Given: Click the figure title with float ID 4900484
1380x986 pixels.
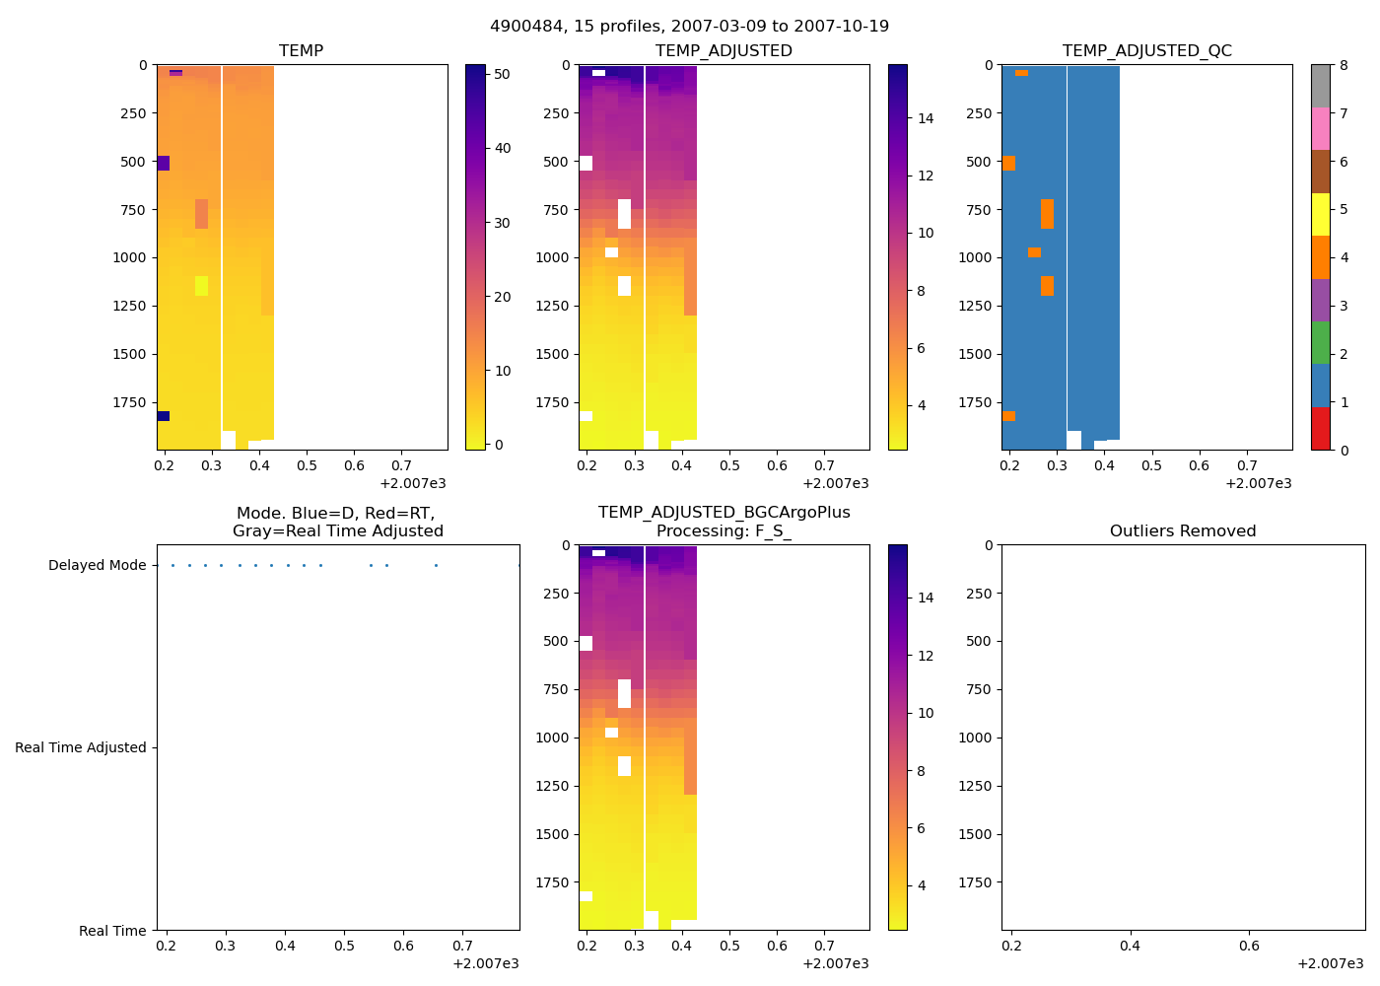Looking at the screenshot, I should [689, 27].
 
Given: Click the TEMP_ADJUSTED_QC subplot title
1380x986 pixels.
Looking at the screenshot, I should [1146, 51].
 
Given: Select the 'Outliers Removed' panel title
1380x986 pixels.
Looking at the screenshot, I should [1183, 531].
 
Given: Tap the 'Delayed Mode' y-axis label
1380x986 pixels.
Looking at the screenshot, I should [97, 566].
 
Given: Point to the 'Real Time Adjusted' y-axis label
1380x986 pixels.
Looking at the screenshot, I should [81, 748].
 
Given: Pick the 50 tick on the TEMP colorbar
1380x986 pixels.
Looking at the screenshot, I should [502, 74].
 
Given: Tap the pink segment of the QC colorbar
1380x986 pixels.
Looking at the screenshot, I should [1320, 128].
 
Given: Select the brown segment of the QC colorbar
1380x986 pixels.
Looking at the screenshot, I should [1320, 172].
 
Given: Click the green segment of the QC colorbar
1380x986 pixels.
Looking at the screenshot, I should [1320, 342].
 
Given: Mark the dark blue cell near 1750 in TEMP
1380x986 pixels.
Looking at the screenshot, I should [164, 416].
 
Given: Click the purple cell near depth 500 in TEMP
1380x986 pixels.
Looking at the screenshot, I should [164, 163].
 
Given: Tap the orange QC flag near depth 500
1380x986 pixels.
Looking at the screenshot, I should [1008, 163].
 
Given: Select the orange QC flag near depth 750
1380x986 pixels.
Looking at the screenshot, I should [1047, 214].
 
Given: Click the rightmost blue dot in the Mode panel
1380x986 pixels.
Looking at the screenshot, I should [518, 566].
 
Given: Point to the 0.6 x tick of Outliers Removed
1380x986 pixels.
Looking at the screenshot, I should [1249, 947].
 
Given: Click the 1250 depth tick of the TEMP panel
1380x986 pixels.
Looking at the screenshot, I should [132, 307].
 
